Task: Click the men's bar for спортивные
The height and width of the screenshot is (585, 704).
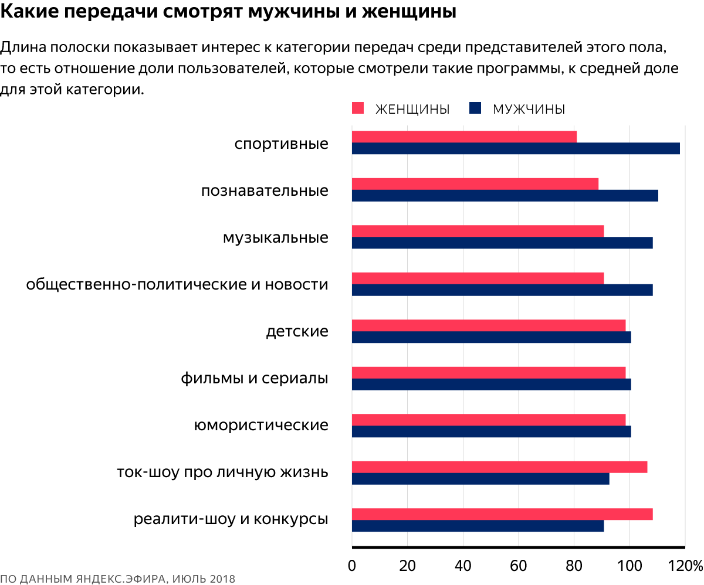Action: [516, 148]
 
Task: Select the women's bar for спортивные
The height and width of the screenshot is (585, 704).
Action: [464, 137]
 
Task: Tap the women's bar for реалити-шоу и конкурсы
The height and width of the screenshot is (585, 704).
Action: [502, 514]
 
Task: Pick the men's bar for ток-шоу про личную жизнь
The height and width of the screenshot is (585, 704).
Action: [480, 479]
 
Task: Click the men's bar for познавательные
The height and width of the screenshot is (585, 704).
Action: [505, 196]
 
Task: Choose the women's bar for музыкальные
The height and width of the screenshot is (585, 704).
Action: [478, 231]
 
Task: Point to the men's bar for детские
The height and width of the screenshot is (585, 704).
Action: [492, 337]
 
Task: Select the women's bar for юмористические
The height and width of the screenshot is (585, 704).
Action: [489, 419]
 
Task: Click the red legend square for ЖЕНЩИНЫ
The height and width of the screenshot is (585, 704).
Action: [358, 108]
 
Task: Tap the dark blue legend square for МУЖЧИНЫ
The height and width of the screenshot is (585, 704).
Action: [475, 108]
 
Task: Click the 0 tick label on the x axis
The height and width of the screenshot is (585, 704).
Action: [352, 566]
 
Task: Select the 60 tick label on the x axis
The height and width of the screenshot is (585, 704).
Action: [519, 566]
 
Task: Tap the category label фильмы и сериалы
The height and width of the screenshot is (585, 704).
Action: [255, 379]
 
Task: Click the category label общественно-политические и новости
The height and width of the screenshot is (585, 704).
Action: [177, 285]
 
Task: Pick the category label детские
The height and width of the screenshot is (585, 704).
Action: [297, 332]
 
